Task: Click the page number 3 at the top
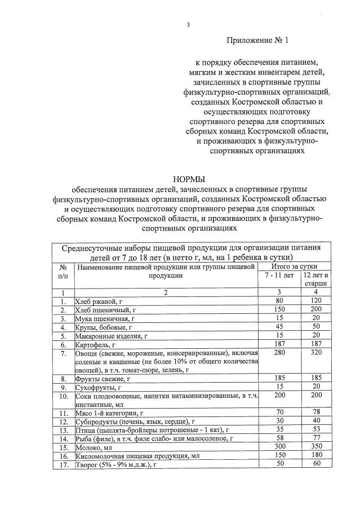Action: pyautogui.click(x=189, y=25)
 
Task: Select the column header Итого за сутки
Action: pyautogui.click(x=294, y=265)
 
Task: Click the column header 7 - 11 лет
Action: pyautogui.click(x=279, y=275)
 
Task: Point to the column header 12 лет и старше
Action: pyautogui.click(x=315, y=280)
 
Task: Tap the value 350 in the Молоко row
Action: pyautogui.click(x=315, y=446)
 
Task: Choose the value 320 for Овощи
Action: pyautogui.click(x=315, y=353)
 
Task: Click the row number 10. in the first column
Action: pyautogui.click(x=64, y=396)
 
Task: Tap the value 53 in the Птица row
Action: pyautogui.click(x=315, y=429)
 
